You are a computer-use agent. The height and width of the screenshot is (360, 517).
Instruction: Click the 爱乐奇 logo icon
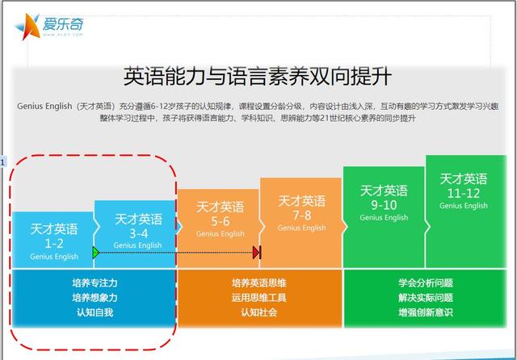[27, 27]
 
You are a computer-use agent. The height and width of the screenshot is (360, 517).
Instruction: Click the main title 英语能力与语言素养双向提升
[258, 76]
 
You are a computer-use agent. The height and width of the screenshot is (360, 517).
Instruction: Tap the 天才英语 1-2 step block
[53, 240]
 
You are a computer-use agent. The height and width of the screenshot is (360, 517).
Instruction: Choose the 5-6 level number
[221, 221]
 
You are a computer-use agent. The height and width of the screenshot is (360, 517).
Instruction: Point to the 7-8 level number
[302, 216]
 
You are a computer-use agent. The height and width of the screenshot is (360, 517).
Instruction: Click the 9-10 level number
[384, 205]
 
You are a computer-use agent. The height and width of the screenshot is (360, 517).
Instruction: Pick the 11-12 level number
[463, 194]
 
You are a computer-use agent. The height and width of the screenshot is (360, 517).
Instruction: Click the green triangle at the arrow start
[96, 253]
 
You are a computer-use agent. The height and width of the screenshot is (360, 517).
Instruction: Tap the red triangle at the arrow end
[256, 253]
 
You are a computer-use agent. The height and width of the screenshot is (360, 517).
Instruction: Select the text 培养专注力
[95, 283]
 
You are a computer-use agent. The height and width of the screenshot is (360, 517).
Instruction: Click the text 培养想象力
[95, 298]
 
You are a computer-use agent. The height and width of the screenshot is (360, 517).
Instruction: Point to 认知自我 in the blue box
[95, 312]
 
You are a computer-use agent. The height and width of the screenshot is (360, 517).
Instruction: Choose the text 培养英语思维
[258, 283]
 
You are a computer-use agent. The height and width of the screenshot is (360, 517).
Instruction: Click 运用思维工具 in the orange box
[258, 298]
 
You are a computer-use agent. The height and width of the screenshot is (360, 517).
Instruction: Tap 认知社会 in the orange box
[258, 312]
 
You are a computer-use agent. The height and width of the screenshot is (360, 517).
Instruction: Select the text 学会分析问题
[426, 283]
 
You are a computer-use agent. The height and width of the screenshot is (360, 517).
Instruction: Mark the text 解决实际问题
[426, 298]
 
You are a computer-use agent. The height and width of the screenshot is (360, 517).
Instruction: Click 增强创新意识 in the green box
[426, 312]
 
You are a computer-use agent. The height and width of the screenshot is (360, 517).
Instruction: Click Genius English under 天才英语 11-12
[463, 206]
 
